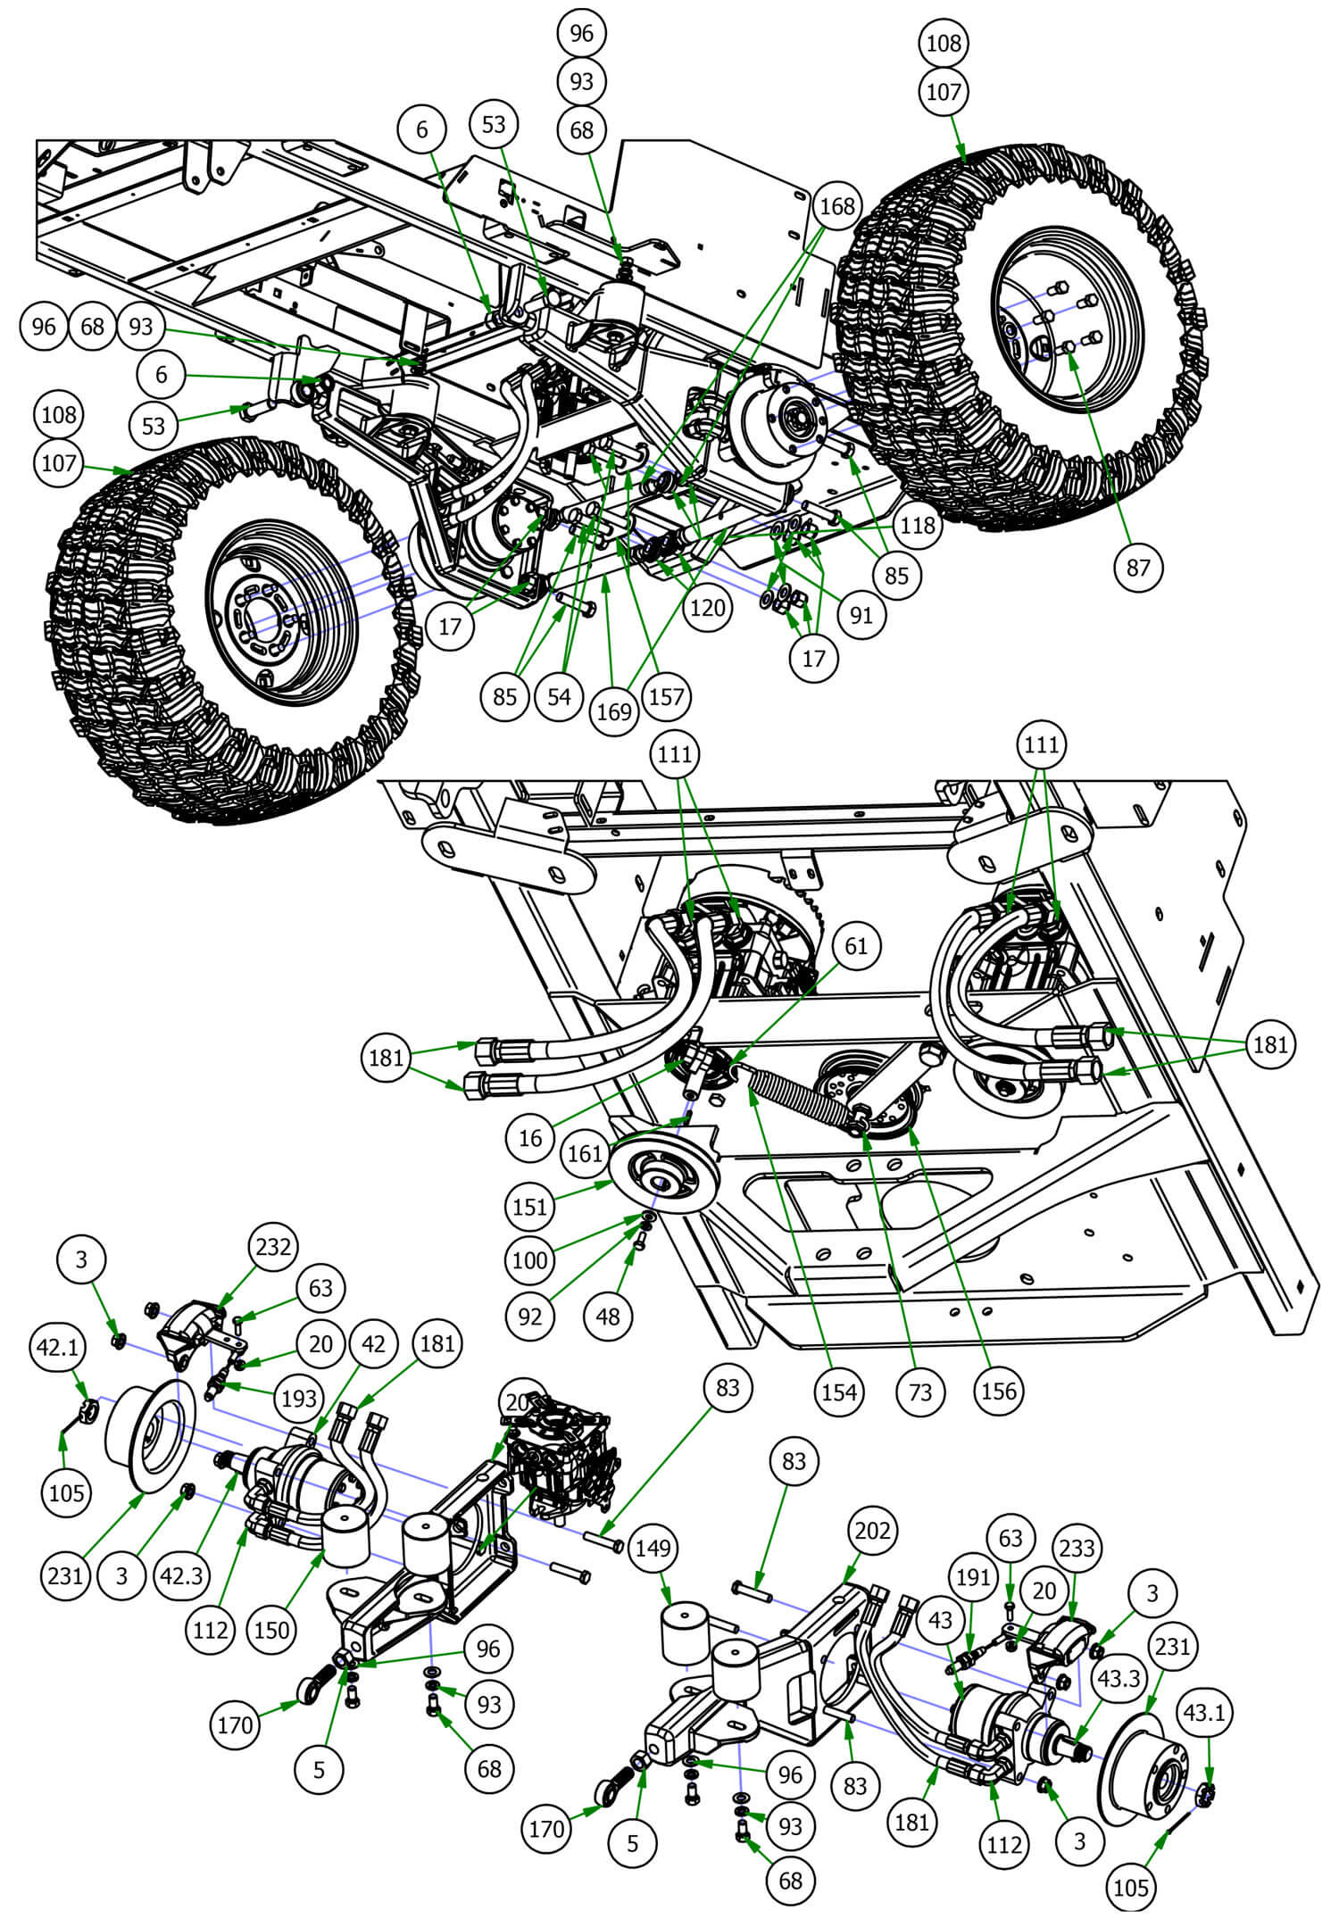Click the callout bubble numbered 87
coord(1138,567)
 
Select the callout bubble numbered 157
coord(666,696)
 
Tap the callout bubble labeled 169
coord(614,711)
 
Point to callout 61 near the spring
coord(855,945)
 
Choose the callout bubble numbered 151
coord(529,1207)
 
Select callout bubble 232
coord(272,1246)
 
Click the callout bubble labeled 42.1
coord(58,1348)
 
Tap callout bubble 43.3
coord(1119,1678)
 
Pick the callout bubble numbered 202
coord(871,1531)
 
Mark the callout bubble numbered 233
coord(1077,1548)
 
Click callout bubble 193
coord(299,1398)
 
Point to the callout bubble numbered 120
coord(708,608)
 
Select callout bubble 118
coord(918,525)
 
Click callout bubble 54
coord(559,696)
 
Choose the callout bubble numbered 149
coord(653,1549)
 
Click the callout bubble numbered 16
coord(529,1138)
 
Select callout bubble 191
coord(972,1577)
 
